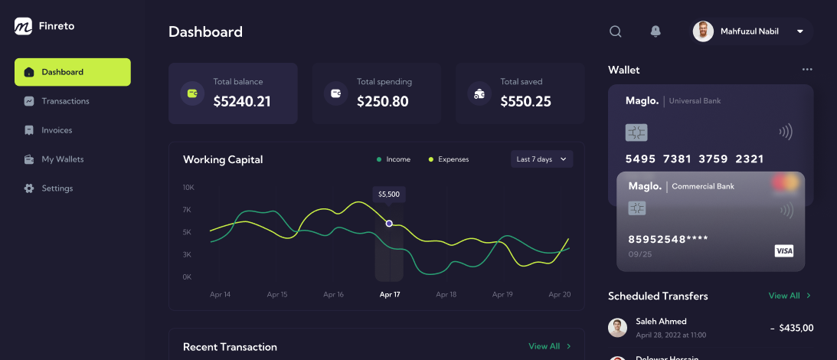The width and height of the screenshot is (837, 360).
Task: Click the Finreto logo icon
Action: click(x=23, y=26)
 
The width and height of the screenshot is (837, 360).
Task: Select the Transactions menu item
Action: click(x=65, y=101)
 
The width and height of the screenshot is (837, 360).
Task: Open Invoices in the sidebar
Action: click(x=57, y=130)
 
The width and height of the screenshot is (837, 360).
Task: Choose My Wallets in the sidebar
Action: click(x=62, y=159)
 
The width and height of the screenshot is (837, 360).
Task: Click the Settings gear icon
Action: click(x=29, y=188)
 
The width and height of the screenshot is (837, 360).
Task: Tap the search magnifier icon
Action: click(x=615, y=31)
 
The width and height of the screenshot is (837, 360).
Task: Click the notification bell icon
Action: click(x=656, y=31)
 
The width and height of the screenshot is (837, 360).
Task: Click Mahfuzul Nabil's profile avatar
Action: click(x=703, y=31)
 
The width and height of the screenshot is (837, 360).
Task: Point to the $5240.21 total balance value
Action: click(x=242, y=101)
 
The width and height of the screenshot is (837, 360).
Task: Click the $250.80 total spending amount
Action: click(x=383, y=101)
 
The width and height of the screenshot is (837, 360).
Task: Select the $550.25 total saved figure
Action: click(x=526, y=101)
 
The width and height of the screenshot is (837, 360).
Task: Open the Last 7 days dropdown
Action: click(x=541, y=159)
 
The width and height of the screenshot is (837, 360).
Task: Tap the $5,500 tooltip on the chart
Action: click(x=389, y=195)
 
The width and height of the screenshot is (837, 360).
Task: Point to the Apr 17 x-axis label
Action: click(x=390, y=294)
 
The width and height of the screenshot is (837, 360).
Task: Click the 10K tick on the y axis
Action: click(x=188, y=187)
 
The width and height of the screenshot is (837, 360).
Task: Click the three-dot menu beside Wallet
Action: click(x=807, y=70)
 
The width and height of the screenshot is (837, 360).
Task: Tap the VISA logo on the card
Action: click(x=784, y=250)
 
